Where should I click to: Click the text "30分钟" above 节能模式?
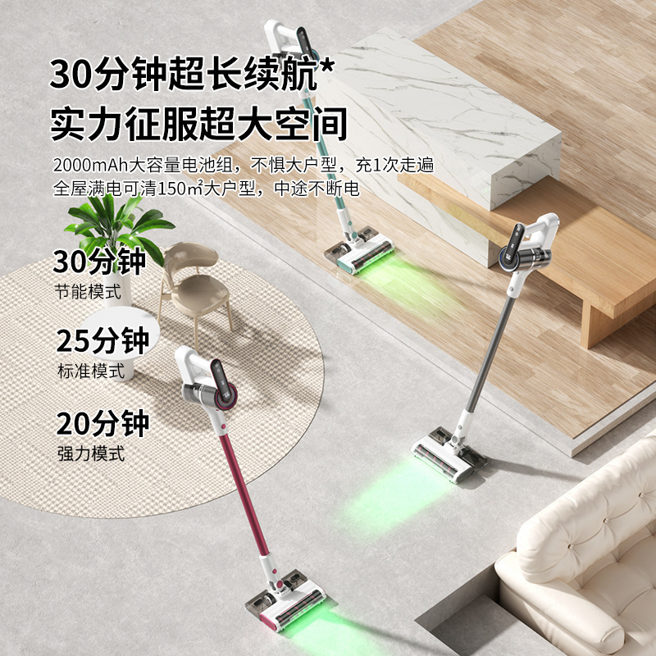tap(99, 262)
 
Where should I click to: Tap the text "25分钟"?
tap(102, 340)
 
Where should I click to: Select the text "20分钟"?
tap(102, 424)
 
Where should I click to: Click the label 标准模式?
tap(90, 370)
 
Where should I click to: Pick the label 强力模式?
tap(90, 453)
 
